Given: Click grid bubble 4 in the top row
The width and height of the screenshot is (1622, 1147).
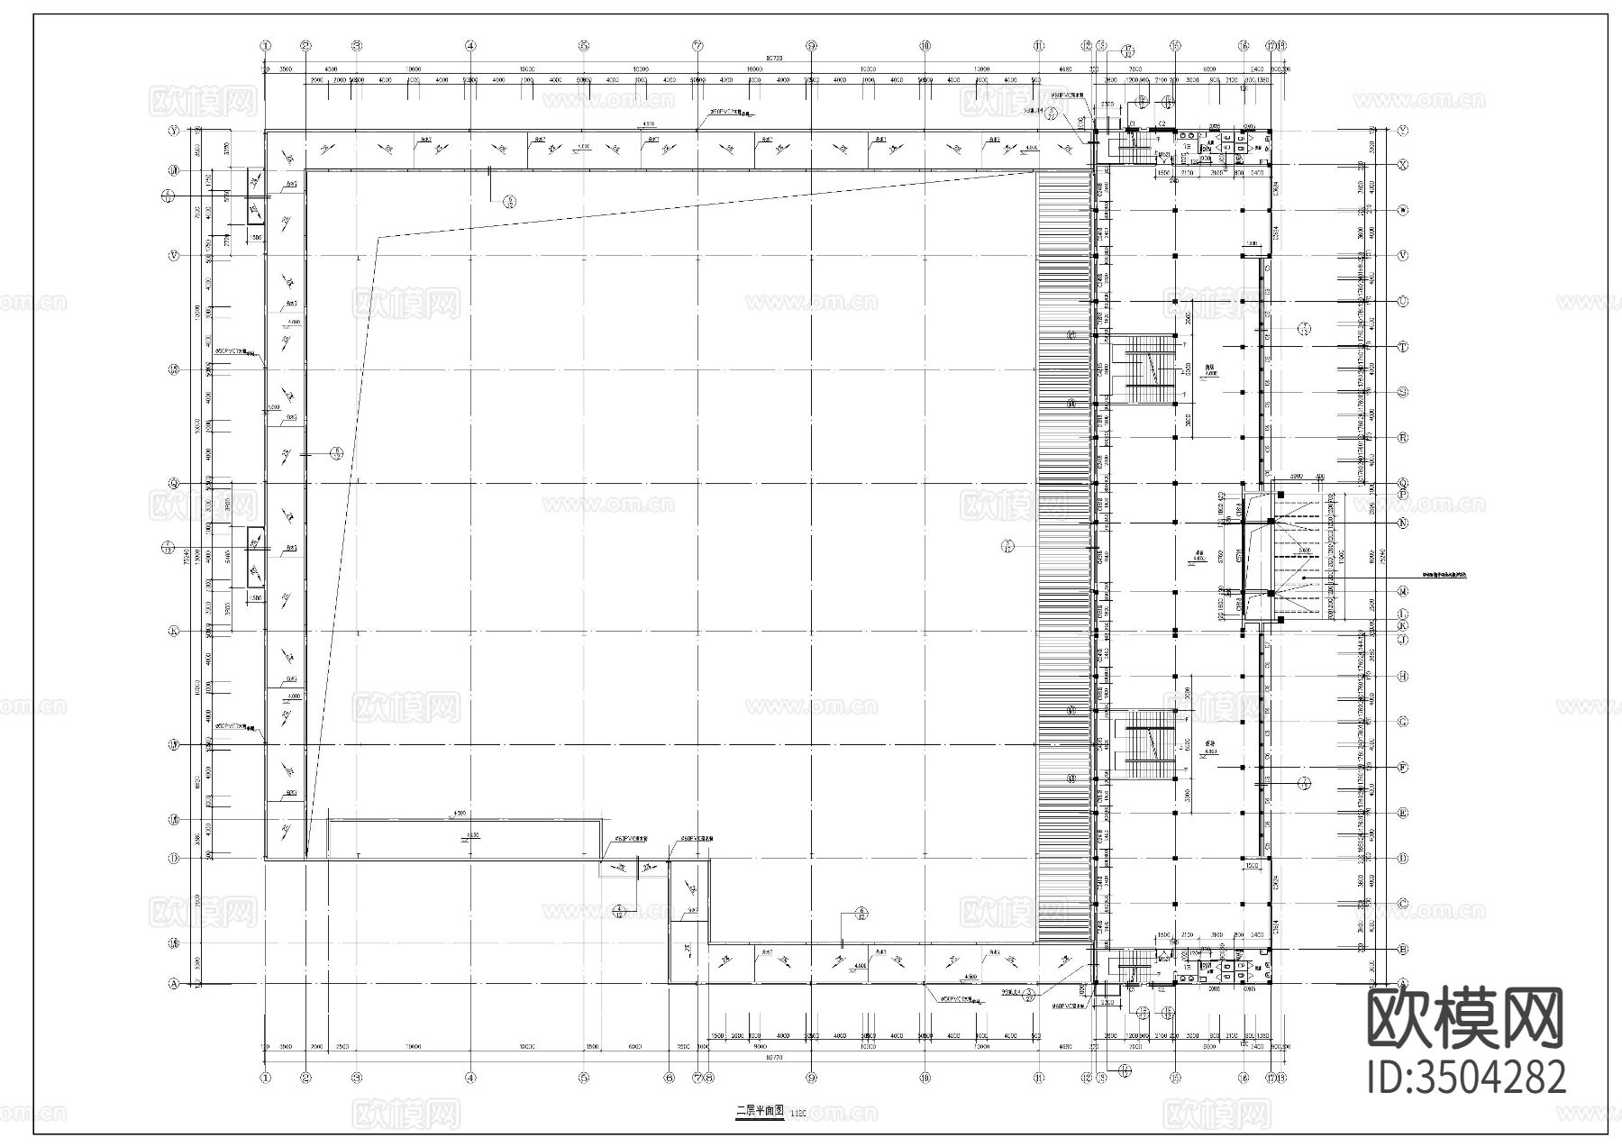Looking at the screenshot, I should pos(469,45).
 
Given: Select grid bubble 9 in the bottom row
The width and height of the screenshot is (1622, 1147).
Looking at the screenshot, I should pos(811,1077).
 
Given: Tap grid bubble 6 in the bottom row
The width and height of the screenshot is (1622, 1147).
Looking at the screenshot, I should pos(669,1077).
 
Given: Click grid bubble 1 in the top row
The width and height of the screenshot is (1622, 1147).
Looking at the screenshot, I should pos(265,45).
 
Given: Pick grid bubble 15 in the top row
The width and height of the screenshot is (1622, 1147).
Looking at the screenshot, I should pos(1174,45).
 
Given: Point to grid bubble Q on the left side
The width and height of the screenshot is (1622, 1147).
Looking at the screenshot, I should pos(173,484).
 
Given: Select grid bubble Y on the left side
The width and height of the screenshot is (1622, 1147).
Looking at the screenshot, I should pos(173,131).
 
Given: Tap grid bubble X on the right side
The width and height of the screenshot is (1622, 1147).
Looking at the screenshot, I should pos(1402,165).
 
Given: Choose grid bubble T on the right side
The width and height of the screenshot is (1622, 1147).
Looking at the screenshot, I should pos(1402,347).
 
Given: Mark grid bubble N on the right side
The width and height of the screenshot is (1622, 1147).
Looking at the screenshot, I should pos(1402,523).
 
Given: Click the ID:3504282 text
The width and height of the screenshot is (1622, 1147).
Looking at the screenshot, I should pos(1466,1078).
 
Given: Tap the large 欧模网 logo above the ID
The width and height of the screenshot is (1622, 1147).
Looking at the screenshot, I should pos(1466,1018).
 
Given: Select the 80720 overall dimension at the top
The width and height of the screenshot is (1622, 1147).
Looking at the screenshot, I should pos(773,58).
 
